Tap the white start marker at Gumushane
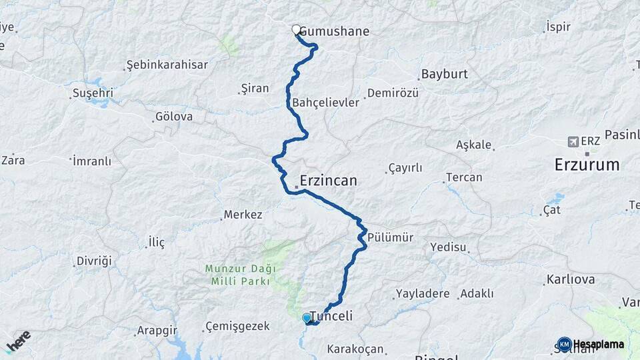pyautogui.click(x=296, y=29)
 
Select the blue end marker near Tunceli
pyautogui.click(x=306, y=318)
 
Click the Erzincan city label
pyautogui.click(x=328, y=181)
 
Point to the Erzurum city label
pyautogui.click(x=587, y=165)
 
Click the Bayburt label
pyautogui.click(x=444, y=74)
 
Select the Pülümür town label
pyautogui.click(x=391, y=237)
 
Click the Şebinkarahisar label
pyautogui.click(x=167, y=65)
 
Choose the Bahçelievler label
pyautogui.click(x=325, y=103)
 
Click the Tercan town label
pyautogui.click(x=464, y=177)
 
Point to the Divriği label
pyautogui.click(x=94, y=260)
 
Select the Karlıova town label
pyautogui.click(x=570, y=279)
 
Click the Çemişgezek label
pyautogui.click(x=237, y=326)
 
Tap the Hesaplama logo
pyautogui.click(x=591, y=344)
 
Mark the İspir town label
pyautogui.click(x=559, y=27)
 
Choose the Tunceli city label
pyautogui.click(x=331, y=316)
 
